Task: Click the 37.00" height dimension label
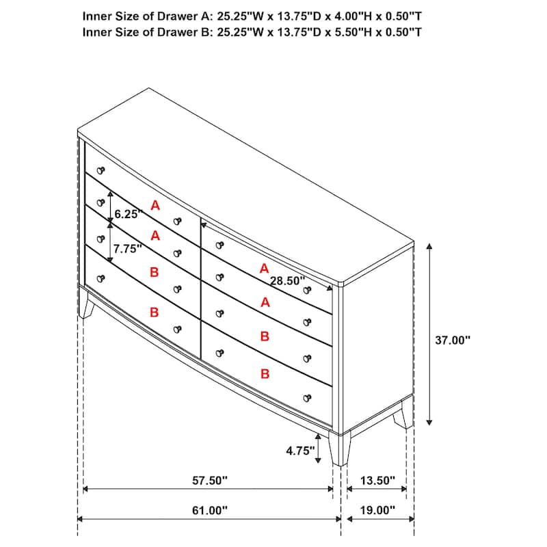click(x=453, y=339)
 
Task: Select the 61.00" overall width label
click(x=209, y=510)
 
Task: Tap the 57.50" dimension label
click(x=209, y=481)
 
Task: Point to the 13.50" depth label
click(x=377, y=481)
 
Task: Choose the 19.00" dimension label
click(x=377, y=510)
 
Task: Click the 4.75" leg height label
click(x=299, y=451)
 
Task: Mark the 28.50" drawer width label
click(x=287, y=280)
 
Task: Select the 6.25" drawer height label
click(x=128, y=214)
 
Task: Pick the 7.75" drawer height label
click(x=128, y=249)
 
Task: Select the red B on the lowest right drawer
click(x=265, y=374)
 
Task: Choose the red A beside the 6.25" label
click(x=155, y=204)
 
